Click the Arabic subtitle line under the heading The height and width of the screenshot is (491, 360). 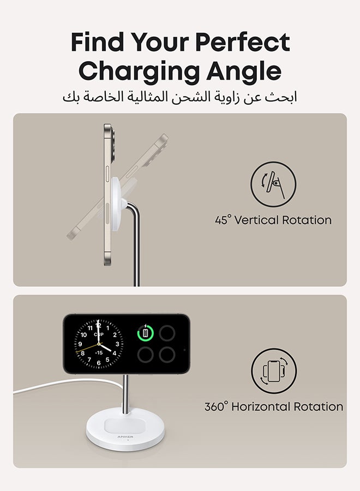point(180,98)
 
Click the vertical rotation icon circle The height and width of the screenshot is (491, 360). point(273,184)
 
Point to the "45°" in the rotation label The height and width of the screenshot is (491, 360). point(223,220)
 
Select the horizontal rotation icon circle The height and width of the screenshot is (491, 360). point(274,371)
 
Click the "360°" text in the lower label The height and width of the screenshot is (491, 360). point(217,406)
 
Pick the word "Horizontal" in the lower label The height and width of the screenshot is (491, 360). point(261,406)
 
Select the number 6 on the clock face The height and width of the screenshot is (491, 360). point(99,362)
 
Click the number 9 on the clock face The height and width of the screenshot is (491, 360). point(81,344)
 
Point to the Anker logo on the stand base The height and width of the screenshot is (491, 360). point(125,436)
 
